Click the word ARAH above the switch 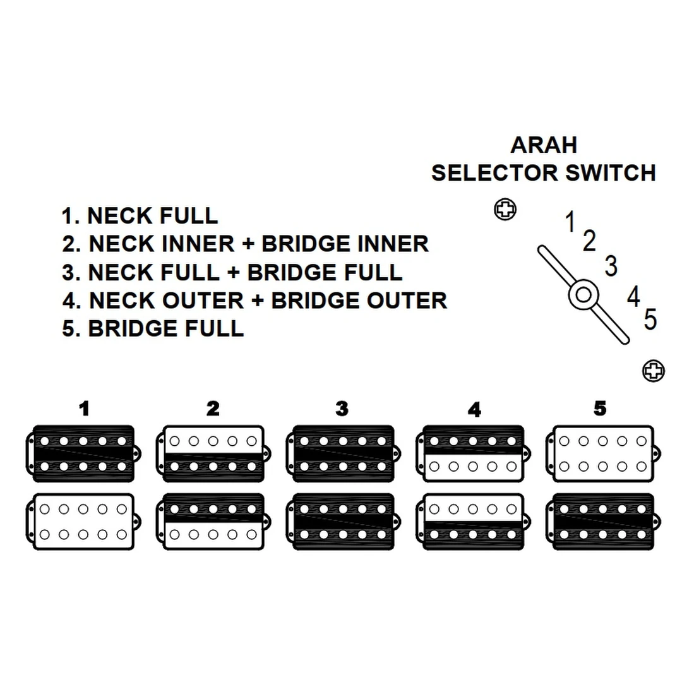pyautogui.click(x=543, y=145)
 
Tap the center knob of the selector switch pyautogui.click(x=583, y=295)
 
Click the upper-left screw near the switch pyautogui.click(x=505, y=210)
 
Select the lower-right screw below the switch pyautogui.click(x=653, y=371)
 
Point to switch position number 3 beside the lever pyautogui.click(x=611, y=266)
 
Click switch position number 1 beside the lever pyautogui.click(x=570, y=222)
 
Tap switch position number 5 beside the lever pyautogui.click(x=650, y=320)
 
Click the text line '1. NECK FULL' pyautogui.click(x=140, y=216)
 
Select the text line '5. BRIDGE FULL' pyautogui.click(x=153, y=329)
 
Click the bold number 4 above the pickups pyautogui.click(x=474, y=410)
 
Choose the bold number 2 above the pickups pyautogui.click(x=213, y=409)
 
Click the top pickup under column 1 pyautogui.click(x=83, y=453)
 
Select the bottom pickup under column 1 pyautogui.click(x=83, y=521)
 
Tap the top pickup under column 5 pyautogui.click(x=602, y=453)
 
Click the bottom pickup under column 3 pyautogui.click(x=342, y=521)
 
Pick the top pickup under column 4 pyautogui.click(x=472, y=453)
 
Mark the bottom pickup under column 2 pyautogui.click(x=213, y=521)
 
